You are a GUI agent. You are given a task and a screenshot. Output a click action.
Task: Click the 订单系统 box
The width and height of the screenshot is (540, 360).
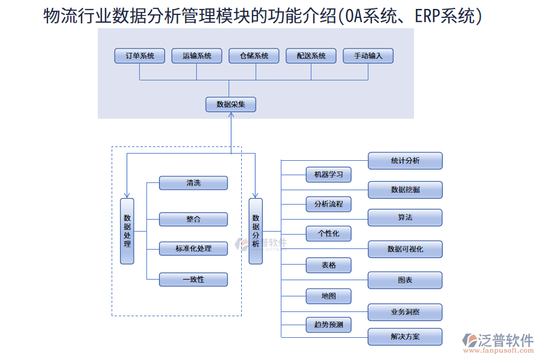140,56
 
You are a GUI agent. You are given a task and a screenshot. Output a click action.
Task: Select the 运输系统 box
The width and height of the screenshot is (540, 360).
196,56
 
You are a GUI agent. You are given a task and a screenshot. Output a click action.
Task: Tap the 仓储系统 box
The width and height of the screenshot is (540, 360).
254,56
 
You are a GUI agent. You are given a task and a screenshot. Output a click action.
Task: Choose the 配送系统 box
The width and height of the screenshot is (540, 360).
311,56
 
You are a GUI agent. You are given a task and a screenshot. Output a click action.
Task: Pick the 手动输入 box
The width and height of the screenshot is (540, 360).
368,56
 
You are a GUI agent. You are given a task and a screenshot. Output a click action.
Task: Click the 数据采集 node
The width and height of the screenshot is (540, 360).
231,104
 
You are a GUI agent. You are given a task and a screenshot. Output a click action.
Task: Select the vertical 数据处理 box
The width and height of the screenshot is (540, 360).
127,231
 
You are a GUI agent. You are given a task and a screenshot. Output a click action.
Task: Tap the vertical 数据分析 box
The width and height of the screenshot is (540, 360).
256,231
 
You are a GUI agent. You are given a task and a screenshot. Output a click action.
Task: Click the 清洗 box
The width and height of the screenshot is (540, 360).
193,183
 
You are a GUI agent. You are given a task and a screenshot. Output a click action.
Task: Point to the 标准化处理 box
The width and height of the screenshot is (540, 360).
193,248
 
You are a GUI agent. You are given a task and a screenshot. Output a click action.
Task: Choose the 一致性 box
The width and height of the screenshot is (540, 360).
193,280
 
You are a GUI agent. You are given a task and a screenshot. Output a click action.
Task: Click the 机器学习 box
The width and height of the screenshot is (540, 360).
328,175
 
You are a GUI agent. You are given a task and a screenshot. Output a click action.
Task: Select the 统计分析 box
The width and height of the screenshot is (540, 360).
405,161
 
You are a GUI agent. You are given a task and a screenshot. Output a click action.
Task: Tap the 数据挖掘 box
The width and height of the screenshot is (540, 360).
405,190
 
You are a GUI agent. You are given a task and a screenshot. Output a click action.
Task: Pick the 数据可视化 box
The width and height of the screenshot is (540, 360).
405,249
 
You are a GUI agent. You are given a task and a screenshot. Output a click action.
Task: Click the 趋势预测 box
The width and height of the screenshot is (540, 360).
328,325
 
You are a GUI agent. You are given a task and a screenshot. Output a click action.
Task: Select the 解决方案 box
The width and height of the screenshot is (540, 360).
405,337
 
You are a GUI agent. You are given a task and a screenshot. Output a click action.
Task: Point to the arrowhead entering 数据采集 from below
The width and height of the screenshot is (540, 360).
231,116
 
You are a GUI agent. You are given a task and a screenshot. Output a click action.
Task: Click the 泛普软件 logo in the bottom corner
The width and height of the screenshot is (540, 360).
497,343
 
